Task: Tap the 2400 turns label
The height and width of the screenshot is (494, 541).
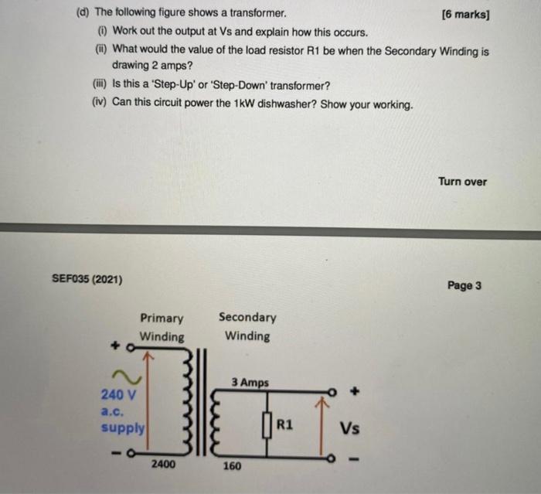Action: (x=162, y=464)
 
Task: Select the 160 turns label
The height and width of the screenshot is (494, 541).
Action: (x=232, y=466)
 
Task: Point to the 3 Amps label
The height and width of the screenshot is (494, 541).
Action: (x=250, y=383)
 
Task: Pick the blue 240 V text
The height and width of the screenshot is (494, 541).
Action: (x=118, y=394)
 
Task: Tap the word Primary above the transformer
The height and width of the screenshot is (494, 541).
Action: (x=162, y=319)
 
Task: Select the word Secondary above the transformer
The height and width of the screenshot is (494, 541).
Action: (x=247, y=317)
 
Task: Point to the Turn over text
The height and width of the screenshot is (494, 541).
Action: (x=462, y=182)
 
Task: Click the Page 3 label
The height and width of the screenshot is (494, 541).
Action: (x=464, y=285)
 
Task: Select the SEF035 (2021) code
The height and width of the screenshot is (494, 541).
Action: (x=87, y=279)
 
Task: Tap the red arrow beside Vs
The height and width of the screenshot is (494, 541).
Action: (x=316, y=425)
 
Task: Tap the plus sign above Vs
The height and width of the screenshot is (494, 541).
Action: (x=355, y=392)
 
